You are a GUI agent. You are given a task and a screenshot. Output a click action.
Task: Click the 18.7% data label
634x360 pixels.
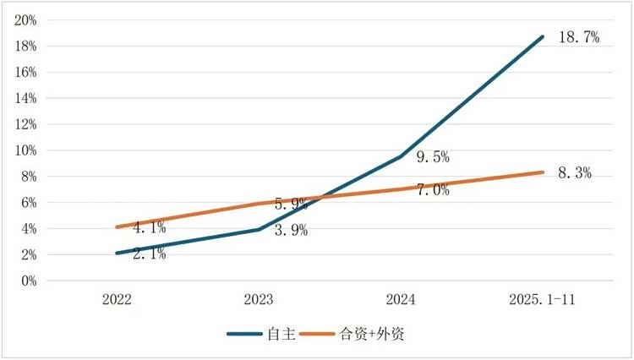(x=579, y=37)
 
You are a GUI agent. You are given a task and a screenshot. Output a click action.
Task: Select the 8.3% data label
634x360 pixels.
(x=574, y=173)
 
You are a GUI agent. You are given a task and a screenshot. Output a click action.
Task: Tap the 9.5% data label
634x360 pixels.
(x=432, y=157)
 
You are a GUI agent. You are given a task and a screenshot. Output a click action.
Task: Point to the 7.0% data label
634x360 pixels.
(x=432, y=190)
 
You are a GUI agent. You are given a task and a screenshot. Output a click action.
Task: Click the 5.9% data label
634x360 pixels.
(x=291, y=204)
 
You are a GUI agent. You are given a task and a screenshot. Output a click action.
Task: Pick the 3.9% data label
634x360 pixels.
(x=291, y=231)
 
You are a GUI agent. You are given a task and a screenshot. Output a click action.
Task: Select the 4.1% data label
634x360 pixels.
(x=150, y=227)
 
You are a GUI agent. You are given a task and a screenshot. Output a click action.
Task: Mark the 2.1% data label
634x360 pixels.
(x=150, y=254)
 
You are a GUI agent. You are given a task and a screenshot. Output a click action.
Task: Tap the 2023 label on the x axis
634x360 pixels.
(x=259, y=299)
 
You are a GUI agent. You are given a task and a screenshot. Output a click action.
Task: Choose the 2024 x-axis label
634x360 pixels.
(x=401, y=299)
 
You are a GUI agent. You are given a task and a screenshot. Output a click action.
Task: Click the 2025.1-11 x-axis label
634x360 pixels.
(x=543, y=299)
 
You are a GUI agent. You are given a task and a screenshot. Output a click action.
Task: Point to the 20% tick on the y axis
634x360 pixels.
(x=25, y=20)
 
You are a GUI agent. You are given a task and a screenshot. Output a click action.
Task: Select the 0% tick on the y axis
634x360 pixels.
(x=28, y=281)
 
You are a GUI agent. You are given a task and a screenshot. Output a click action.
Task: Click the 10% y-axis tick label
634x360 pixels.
(x=25, y=150)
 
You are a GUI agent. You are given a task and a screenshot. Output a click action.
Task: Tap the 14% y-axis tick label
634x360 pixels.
(x=25, y=98)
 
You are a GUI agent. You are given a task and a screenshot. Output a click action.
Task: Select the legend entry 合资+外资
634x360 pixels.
(x=372, y=334)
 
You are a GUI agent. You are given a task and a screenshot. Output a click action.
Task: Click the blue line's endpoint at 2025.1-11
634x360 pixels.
(x=543, y=37)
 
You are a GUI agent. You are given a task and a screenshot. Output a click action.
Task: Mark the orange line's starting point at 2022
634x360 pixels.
(x=117, y=227)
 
